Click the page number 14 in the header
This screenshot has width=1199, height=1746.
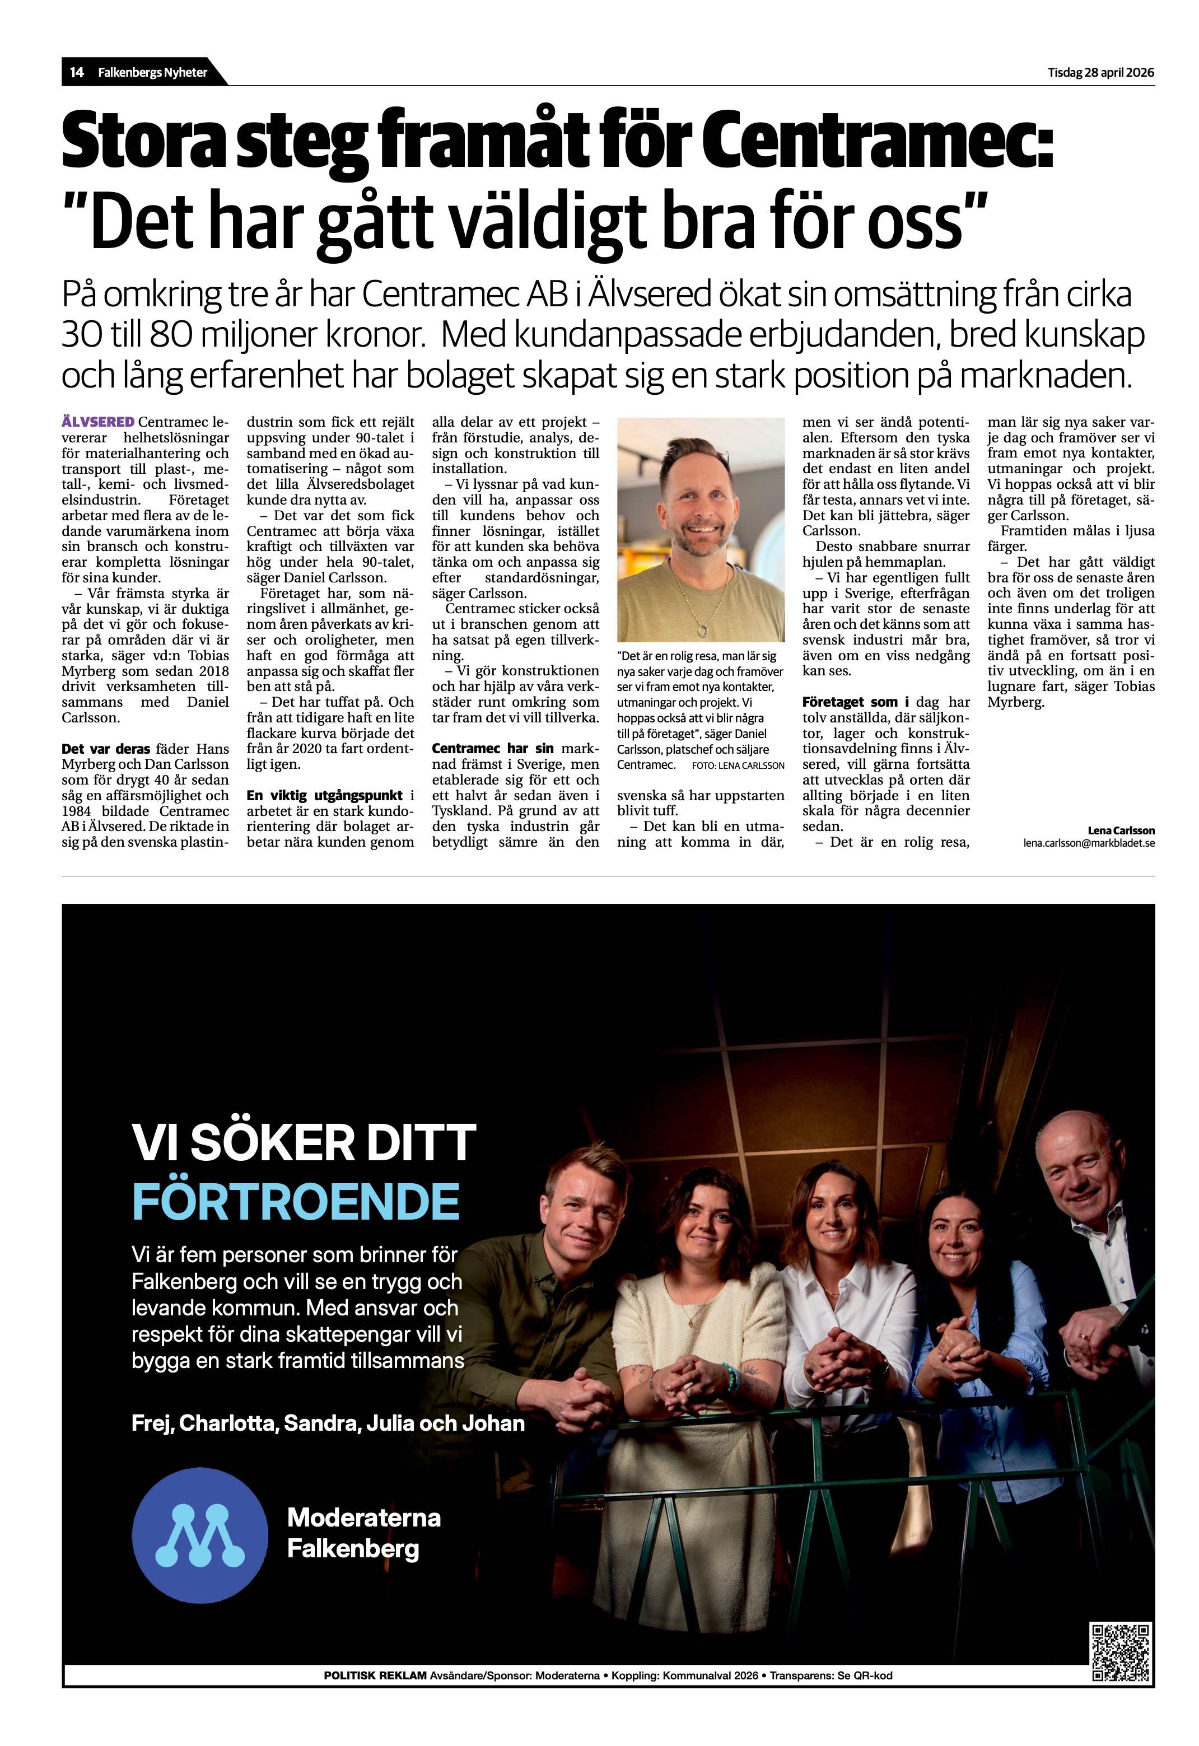point(76,73)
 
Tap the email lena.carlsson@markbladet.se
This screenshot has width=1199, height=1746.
point(1089,843)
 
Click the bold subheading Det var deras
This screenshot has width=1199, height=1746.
point(106,749)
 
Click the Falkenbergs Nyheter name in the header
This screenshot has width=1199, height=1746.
point(152,73)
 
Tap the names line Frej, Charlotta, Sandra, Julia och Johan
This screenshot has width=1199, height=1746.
point(328,1423)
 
